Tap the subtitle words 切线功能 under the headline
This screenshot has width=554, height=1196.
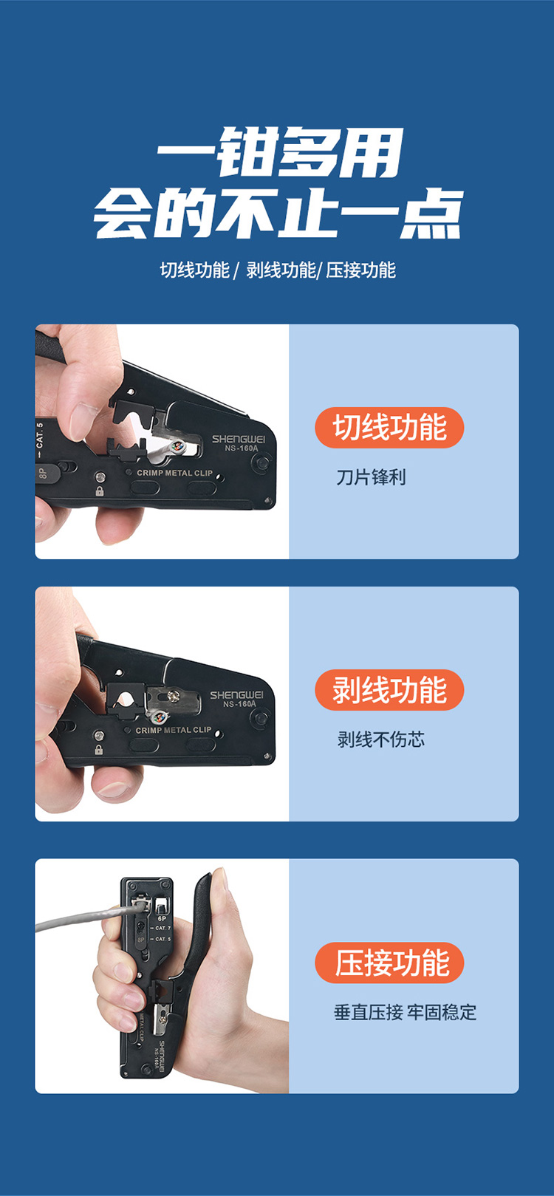(195, 270)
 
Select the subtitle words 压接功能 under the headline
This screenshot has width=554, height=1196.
(361, 270)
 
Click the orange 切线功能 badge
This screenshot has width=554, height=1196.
(389, 428)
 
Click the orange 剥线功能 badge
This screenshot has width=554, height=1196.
(389, 690)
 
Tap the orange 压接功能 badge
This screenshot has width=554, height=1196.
(389, 963)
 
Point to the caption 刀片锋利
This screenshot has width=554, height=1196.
(371, 477)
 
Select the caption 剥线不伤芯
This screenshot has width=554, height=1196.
(381, 740)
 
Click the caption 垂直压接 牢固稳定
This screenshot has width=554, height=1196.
(405, 1012)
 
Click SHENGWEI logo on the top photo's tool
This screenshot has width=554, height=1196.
(238, 439)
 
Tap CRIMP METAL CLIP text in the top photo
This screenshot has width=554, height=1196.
(175, 473)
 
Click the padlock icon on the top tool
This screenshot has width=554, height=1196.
(99, 491)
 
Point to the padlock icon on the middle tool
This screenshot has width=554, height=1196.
(99, 750)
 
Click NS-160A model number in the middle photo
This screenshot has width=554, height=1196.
(239, 704)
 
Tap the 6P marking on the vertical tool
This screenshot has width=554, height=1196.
(162, 919)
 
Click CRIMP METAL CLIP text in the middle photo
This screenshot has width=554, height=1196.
(174, 730)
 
